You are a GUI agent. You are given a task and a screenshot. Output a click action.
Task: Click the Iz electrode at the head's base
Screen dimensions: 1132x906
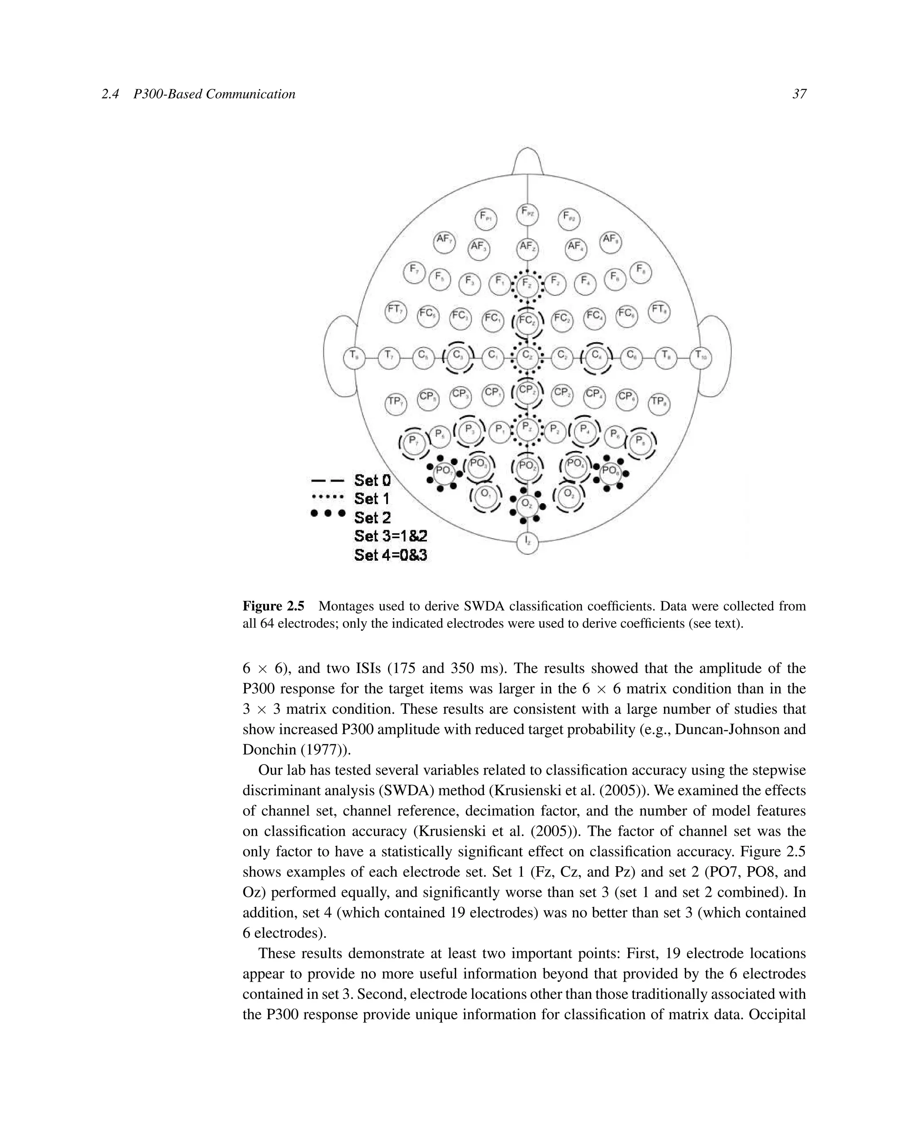click(x=527, y=543)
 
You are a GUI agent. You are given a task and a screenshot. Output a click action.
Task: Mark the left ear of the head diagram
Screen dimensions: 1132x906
click(x=339, y=357)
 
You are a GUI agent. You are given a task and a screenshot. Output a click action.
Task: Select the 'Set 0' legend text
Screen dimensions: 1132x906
click(x=372, y=480)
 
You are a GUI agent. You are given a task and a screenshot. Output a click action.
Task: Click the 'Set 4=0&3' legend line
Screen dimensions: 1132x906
click(x=390, y=555)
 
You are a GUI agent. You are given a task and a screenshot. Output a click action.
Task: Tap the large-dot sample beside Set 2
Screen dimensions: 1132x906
click(x=328, y=513)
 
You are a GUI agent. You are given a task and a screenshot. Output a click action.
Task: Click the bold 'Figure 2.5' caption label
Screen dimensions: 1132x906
click(x=273, y=606)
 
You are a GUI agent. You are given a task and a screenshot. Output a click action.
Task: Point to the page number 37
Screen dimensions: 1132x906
click(x=799, y=94)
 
